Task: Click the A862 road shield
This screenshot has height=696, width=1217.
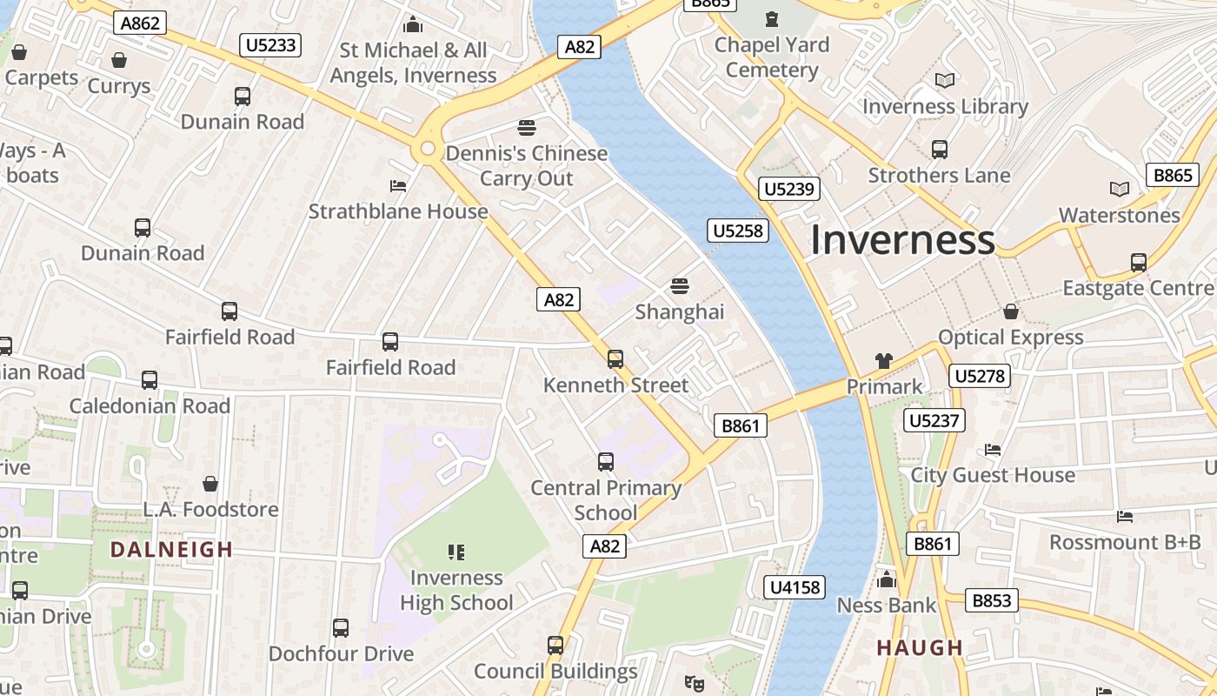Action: click(x=140, y=23)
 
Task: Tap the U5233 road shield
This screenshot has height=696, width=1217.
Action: click(x=270, y=44)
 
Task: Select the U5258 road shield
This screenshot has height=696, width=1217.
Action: click(x=738, y=230)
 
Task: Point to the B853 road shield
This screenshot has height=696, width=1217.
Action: click(x=992, y=600)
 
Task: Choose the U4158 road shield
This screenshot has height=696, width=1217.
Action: click(x=795, y=587)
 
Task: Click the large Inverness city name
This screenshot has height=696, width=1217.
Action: click(x=902, y=239)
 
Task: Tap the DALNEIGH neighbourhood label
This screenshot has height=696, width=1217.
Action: click(x=172, y=549)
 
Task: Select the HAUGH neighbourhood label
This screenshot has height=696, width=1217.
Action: click(x=920, y=647)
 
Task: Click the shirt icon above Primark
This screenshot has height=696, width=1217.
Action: click(x=884, y=360)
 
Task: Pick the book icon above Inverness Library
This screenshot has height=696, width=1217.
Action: click(x=945, y=80)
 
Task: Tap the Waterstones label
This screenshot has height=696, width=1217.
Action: click(x=1119, y=215)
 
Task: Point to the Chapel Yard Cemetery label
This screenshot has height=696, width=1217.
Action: click(x=772, y=57)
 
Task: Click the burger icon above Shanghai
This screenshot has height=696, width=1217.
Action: click(x=680, y=285)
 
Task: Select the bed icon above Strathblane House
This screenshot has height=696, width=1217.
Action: click(x=398, y=186)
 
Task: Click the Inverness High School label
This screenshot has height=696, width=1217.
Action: click(x=456, y=590)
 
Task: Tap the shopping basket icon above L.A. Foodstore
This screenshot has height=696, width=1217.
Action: click(x=209, y=484)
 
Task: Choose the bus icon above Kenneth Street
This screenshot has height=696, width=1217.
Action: click(x=615, y=358)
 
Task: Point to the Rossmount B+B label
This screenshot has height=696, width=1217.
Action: click(x=1125, y=542)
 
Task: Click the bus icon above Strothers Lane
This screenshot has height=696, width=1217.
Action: click(x=940, y=149)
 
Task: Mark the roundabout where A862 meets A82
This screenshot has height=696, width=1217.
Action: click(x=427, y=149)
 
